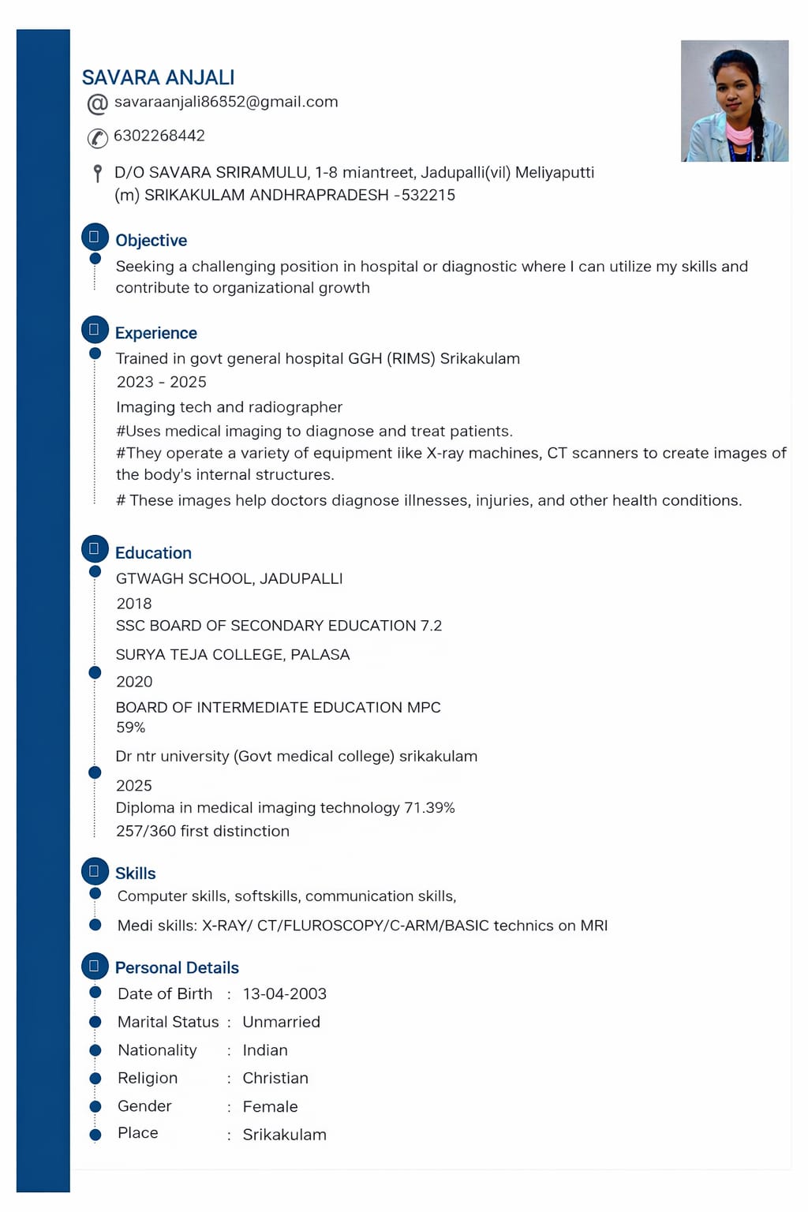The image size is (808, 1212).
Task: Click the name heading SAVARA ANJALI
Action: click(158, 77)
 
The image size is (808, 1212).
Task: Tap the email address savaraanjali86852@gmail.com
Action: click(226, 102)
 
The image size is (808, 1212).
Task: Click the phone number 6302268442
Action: click(159, 136)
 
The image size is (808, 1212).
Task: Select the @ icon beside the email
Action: click(97, 103)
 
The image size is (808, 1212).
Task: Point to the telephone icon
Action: click(97, 138)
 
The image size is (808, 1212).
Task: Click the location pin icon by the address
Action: click(97, 173)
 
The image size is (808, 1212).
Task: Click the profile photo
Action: click(735, 101)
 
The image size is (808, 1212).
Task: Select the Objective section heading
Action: click(151, 241)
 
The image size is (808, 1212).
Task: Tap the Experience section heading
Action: click(155, 333)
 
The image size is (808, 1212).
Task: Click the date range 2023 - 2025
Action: click(161, 382)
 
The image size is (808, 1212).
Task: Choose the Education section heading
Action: click(153, 553)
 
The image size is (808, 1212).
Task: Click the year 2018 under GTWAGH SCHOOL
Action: click(134, 604)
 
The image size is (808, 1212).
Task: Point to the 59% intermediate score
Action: click(130, 728)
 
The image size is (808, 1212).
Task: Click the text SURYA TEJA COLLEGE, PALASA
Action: click(233, 655)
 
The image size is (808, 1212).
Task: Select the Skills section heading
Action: click(135, 873)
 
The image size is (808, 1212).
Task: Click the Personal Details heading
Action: click(177, 968)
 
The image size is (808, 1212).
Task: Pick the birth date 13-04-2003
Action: click(284, 994)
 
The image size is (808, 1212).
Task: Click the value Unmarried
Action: click(281, 1022)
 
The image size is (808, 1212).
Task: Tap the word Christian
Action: click(275, 1078)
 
